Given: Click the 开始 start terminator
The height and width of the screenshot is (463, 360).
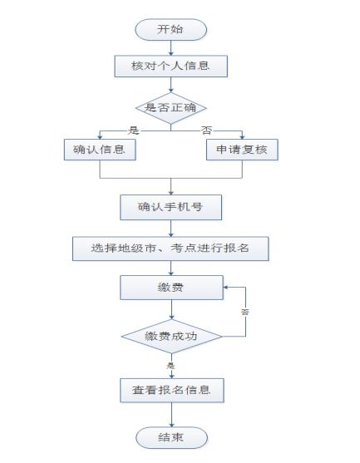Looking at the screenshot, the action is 170,30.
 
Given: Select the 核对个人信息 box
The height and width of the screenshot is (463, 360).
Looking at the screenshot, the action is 171,66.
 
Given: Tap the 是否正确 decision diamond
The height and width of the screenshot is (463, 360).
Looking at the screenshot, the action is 171,108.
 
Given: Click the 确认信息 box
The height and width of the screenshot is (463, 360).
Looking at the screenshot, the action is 100,150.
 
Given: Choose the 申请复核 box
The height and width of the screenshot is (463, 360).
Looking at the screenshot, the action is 242,150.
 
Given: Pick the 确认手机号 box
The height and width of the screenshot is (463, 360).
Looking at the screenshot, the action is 171,207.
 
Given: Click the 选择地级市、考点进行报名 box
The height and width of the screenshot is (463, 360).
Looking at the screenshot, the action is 170,249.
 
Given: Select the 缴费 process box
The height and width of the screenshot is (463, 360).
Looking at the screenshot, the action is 171,288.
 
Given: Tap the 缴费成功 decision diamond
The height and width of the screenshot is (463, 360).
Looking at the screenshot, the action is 171,337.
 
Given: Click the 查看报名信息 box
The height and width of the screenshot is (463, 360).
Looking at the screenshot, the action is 172,391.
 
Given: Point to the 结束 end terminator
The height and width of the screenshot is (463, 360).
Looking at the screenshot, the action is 171,437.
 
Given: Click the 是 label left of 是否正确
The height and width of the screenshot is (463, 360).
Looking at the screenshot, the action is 134,131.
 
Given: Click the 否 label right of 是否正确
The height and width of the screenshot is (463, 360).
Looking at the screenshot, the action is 206,131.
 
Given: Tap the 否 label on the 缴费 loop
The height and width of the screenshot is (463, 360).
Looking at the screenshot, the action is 245,312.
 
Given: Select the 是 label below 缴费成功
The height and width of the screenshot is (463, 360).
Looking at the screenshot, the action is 170,366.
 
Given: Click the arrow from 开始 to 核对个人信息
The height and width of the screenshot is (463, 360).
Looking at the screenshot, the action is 171,48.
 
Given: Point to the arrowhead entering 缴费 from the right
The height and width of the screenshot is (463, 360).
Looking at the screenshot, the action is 225,288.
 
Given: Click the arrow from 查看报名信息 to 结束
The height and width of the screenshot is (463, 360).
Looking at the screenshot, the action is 171,415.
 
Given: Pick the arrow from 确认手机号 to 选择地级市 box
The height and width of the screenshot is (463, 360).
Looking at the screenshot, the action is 171,229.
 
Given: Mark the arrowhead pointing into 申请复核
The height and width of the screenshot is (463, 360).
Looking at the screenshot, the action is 242,136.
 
